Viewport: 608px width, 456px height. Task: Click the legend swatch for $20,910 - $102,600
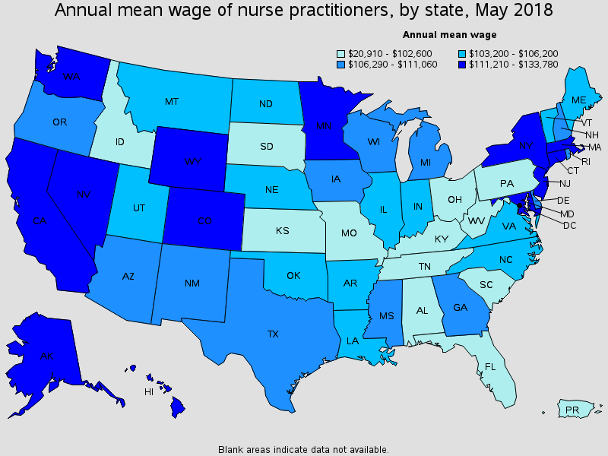pos(342,54)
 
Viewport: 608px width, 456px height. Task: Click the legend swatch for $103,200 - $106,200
pos(463,54)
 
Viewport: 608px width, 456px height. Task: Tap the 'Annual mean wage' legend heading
pos(449,34)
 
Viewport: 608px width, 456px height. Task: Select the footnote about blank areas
pos(303,449)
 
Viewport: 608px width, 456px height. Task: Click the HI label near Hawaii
pos(150,392)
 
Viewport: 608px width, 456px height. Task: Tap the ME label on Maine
pos(578,100)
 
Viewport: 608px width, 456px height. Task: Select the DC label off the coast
pos(569,226)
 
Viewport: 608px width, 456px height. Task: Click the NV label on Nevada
pos(83,195)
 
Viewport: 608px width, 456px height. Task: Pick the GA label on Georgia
pos(460,307)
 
